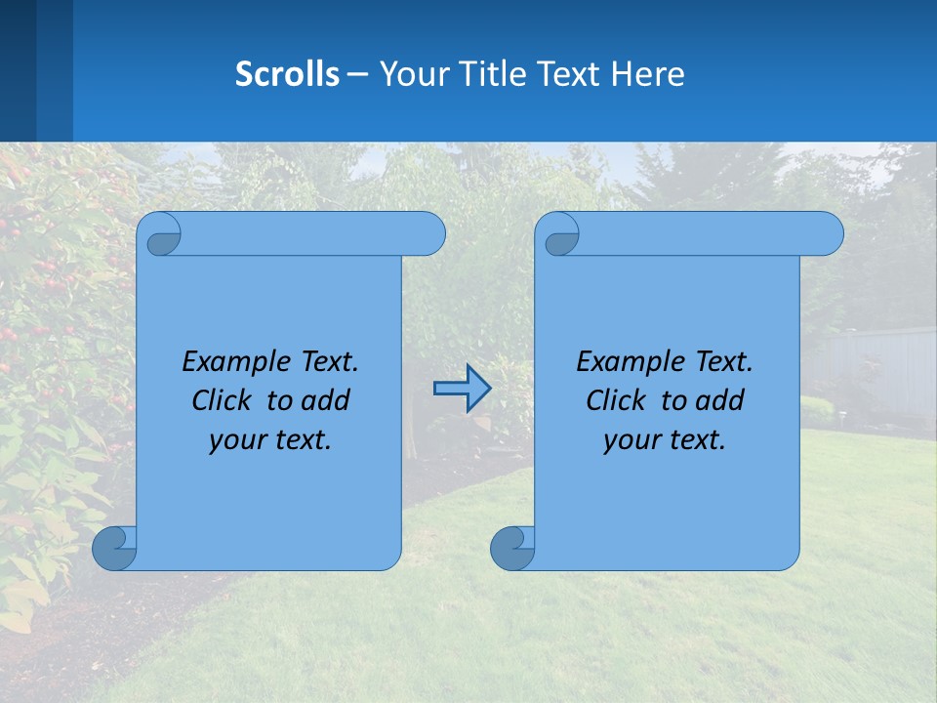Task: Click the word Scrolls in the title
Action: click(287, 74)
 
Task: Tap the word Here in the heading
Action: click(648, 74)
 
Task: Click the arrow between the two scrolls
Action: click(462, 389)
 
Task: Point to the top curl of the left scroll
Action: click(161, 234)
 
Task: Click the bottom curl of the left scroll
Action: click(113, 548)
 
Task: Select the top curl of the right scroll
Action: click(559, 234)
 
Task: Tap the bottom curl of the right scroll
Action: click(511, 548)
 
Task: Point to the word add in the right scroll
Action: click(720, 400)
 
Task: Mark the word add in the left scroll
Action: click(326, 400)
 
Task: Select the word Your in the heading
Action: click(409, 74)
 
